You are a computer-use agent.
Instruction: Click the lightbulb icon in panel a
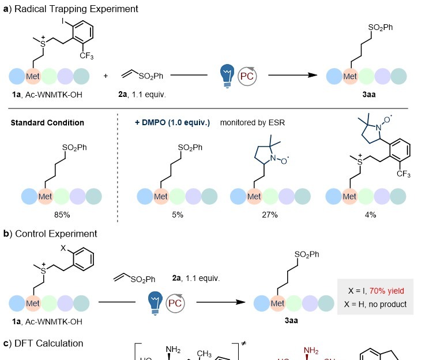tap(227, 76)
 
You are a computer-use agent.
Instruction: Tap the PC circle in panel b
tap(176, 302)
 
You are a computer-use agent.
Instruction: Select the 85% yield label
tap(50, 215)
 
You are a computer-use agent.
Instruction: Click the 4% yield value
tap(371, 215)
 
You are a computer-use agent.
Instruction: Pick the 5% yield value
tap(178, 215)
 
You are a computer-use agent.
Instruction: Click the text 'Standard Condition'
tap(47, 123)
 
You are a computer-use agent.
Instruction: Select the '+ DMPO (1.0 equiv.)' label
tap(172, 123)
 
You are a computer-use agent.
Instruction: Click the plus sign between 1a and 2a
tap(106, 76)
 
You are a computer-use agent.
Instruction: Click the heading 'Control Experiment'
tap(56, 234)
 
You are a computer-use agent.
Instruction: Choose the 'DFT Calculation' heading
tap(49, 343)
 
